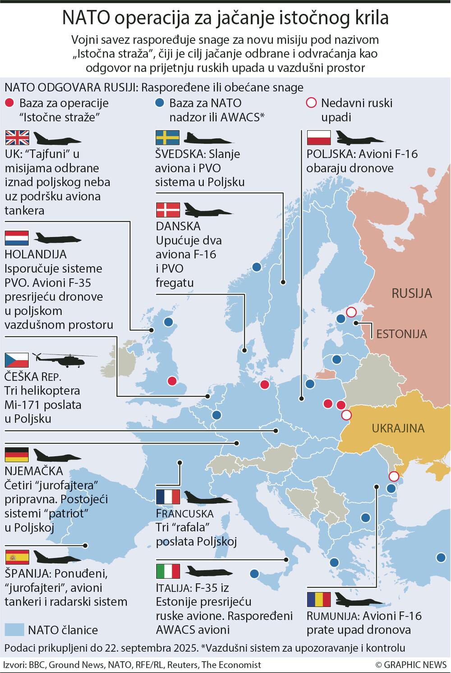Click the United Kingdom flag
pos(17,137)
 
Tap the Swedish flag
pos(167,137)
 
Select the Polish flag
pos(319,137)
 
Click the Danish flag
pos(168,210)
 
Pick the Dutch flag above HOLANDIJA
pos(17,238)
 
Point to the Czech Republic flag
pos(17,360)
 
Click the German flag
pos(17,455)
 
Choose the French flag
pos(168,497)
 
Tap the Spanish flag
pos(17,557)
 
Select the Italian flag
pos(168,571)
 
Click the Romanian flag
pos(319,600)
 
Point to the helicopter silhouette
pos(63,359)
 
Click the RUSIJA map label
pos(411,293)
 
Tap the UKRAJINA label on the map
pos(398,427)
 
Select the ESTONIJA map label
pos(401,334)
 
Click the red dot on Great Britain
pos(172,381)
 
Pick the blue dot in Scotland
pos(169,322)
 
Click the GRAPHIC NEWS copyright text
pos(410,664)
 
